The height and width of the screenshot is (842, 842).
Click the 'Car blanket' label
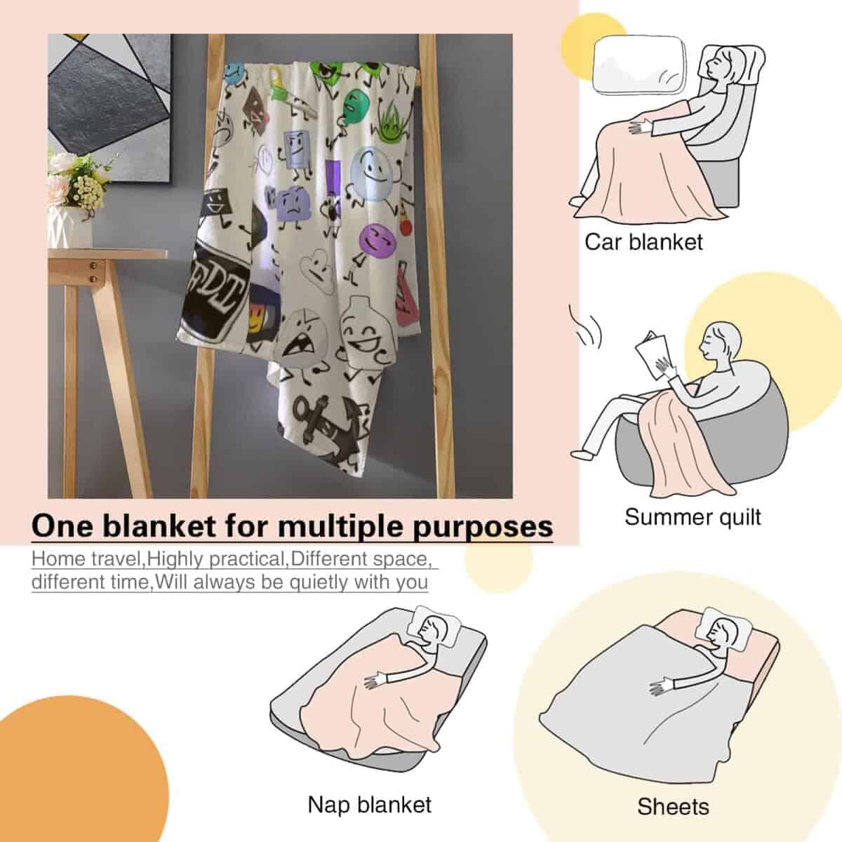[643, 242]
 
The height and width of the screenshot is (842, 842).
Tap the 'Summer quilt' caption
[693, 517]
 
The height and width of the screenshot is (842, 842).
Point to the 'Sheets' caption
[673, 794]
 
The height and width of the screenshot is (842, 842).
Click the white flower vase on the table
[70, 227]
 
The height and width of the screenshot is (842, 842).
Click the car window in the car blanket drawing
[639, 65]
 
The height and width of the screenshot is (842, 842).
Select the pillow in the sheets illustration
[724, 628]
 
